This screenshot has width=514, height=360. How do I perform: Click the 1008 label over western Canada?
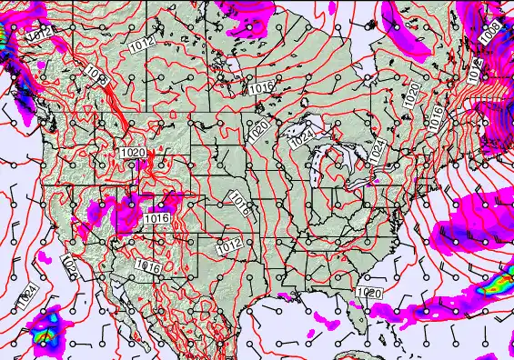coord(99,75)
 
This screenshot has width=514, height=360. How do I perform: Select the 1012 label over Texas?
coord(228,245)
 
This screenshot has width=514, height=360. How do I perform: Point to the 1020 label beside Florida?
coord(369,293)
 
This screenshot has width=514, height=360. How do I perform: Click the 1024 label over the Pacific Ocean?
coord(27,296)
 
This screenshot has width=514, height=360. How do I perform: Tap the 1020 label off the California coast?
coord(69,265)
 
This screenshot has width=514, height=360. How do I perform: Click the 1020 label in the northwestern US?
coord(132,153)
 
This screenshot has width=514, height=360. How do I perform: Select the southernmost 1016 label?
coord(148,266)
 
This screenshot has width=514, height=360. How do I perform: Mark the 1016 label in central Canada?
coord(261,87)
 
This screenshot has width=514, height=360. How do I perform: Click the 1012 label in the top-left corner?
coord(39,34)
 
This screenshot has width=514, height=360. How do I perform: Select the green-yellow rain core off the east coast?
coord(492,285)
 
